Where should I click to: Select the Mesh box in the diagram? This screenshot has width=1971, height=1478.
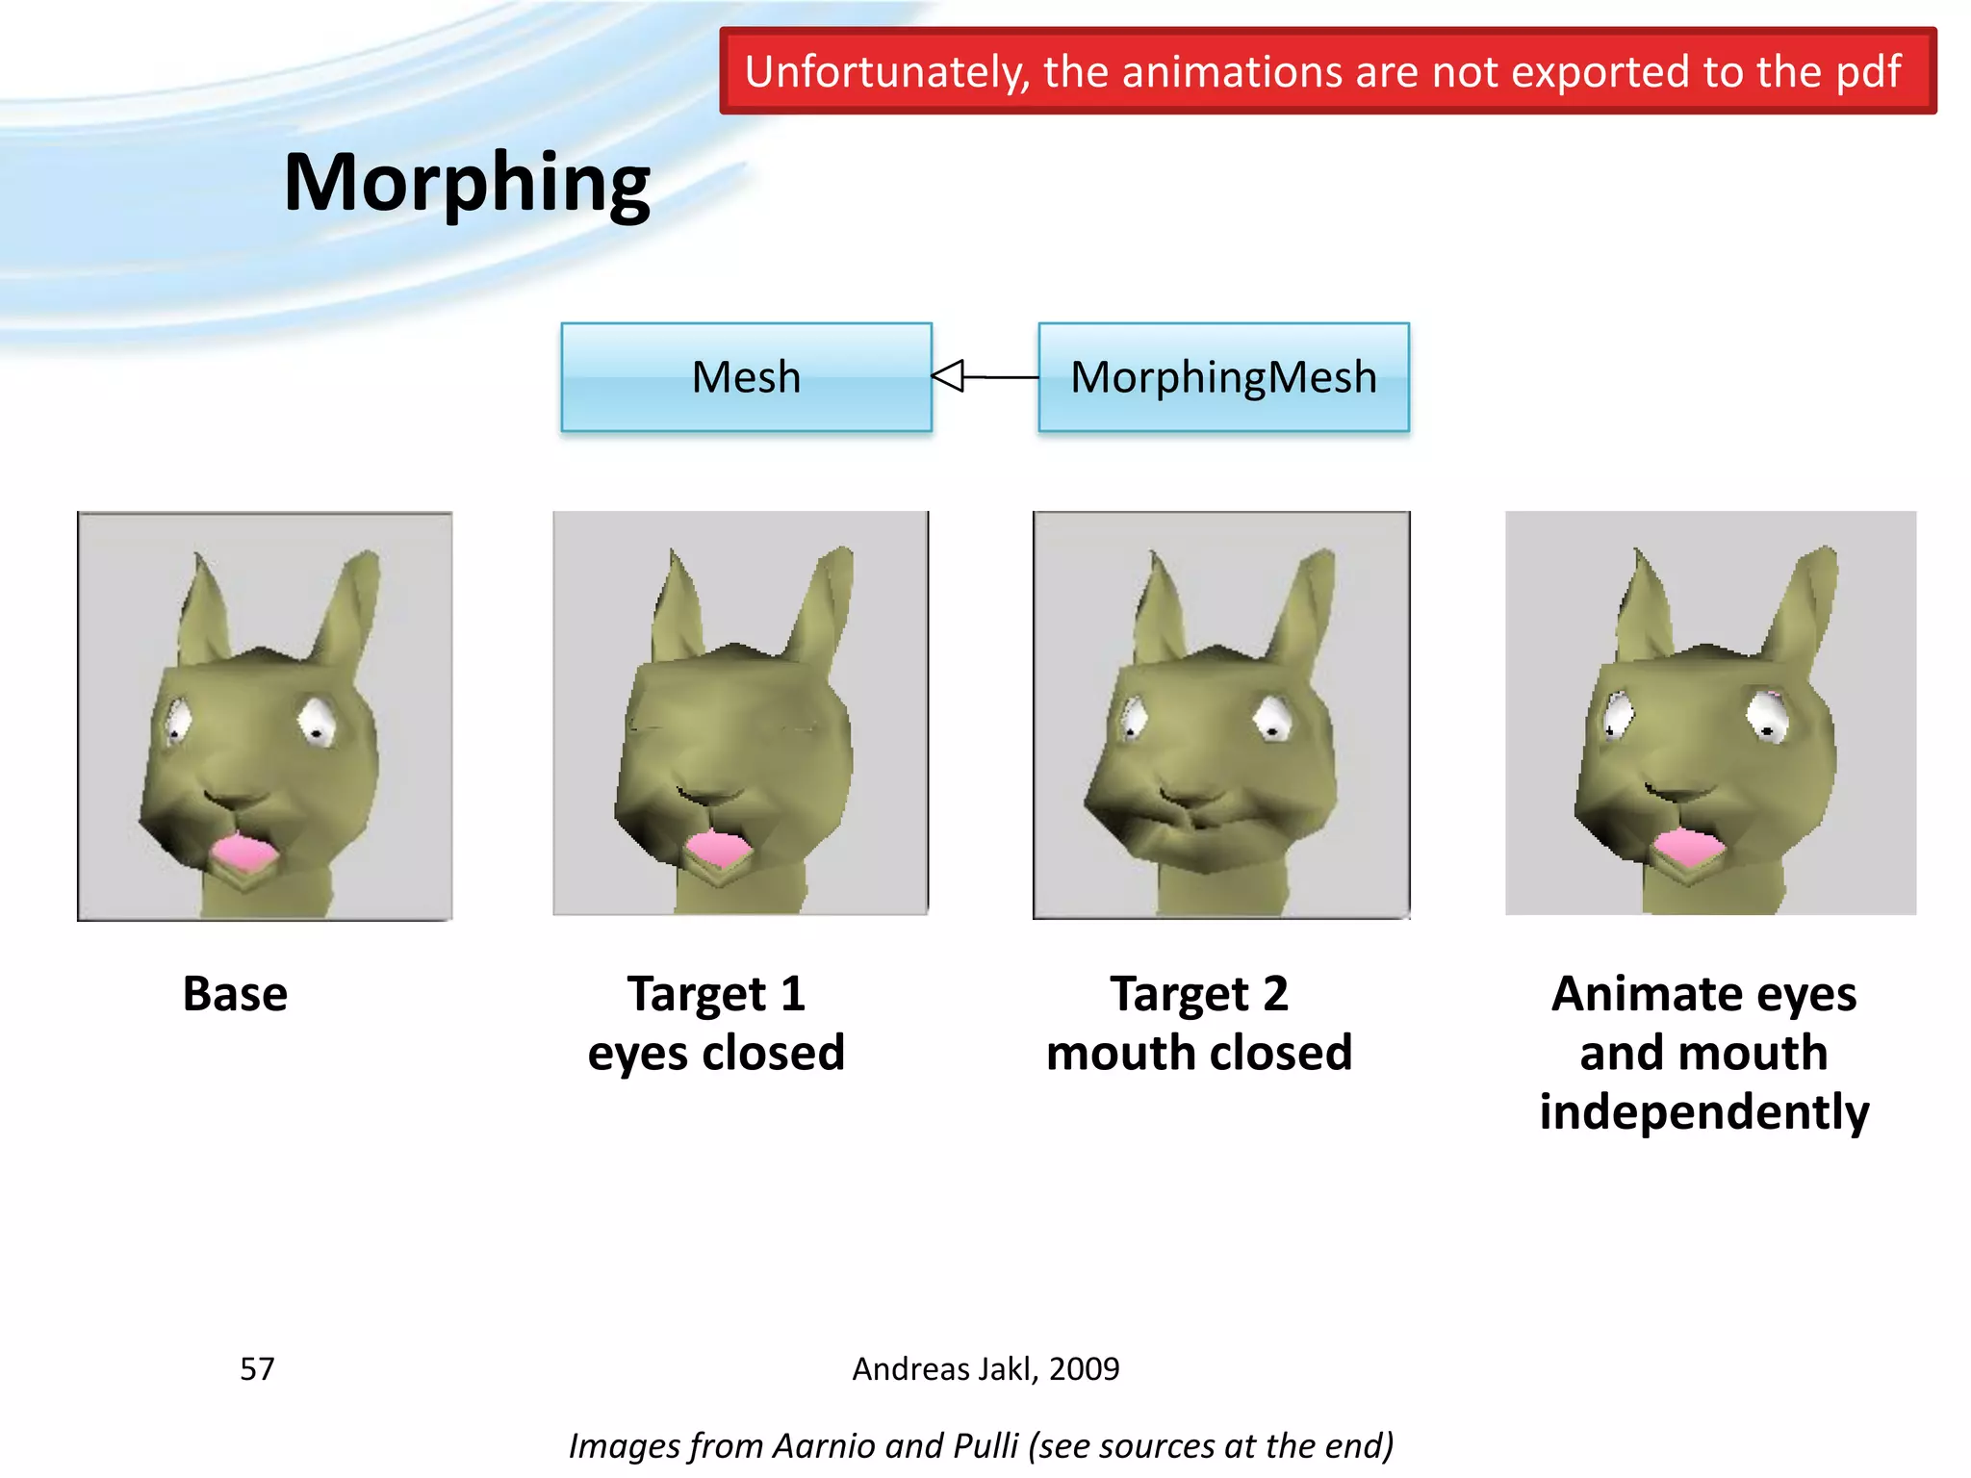click(746, 377)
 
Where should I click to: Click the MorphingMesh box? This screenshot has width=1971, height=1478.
click(1223, 377)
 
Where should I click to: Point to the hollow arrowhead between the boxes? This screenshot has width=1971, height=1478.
click(949, 376)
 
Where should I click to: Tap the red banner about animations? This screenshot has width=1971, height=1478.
click(1327, 71)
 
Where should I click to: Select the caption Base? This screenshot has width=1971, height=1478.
click(235, 994)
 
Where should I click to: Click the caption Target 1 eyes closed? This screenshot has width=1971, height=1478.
click(716, 1023)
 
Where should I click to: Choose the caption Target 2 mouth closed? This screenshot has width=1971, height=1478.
click(1199, 1023)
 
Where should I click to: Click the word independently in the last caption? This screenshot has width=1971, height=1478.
click(1703, 1112)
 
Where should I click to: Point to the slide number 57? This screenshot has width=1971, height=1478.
click(257, 1368)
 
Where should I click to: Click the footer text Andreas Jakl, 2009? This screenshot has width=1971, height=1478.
click(985, 1368)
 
